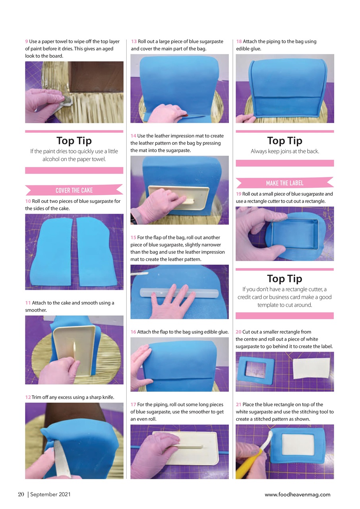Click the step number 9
click(27, 41)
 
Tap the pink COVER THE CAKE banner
click(74, 190)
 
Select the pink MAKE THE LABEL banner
click(284, 183)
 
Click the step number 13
click(134, 41)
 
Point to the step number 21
click(238, 404)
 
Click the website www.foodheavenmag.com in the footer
click(297, 494)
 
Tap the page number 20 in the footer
click(21, 494)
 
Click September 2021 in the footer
click(50, 494)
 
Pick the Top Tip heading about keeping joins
click(285, 141)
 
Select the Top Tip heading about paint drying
click(74, 141)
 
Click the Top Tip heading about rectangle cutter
click(285, 278)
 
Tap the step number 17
click(134, 404)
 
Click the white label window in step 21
click(298, 447)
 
